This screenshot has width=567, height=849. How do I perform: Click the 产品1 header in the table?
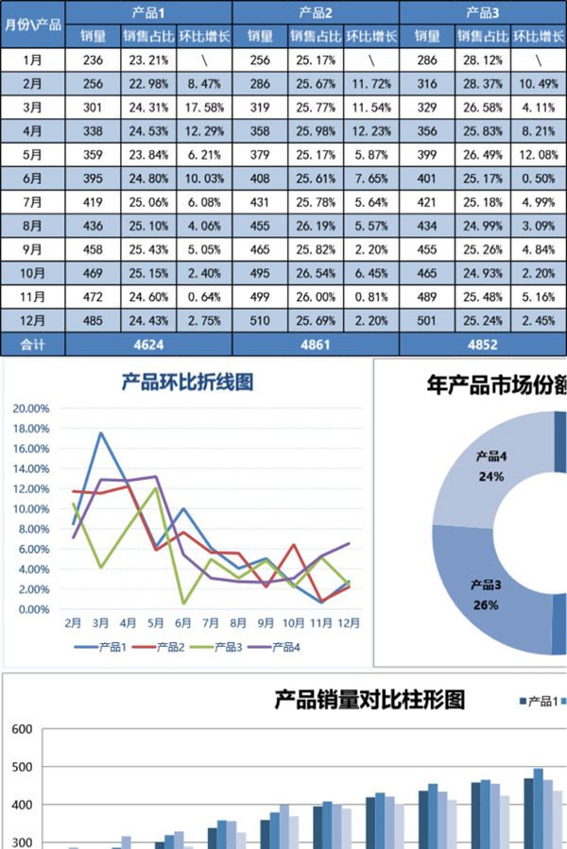pyautogui.click(x=148, y=13)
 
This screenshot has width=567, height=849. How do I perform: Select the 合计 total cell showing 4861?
pyautogui.click(x=315, y=345)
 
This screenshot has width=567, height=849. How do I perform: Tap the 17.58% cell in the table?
pyautogui.click(x=203, y=107)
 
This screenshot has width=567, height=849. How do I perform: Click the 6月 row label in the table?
pyautogui.click(x=32, y=178)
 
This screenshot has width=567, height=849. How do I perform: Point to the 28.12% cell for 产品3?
pyautogui.click(x=482, y=59)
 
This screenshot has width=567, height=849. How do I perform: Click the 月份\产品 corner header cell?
pyautogui.click(x=33, y=25)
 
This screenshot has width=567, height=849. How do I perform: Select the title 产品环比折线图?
pyautogui.click(x=187, y=382)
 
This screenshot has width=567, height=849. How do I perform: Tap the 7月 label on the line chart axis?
pyautogui.click(x=210, y=623)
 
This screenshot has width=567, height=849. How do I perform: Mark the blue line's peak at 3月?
pyautogui.click(x=100, y=433)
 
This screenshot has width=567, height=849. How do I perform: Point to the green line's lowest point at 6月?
pyautogui.click(x=183, y=603)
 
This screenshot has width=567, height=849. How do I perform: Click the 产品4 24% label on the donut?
pyautogui.click(x=491, y=467)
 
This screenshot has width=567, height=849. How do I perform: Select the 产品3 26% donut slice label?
pyautogui.click(x=486, y=595)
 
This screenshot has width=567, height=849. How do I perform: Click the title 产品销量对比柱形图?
pyautogui.click(x=370, y=700)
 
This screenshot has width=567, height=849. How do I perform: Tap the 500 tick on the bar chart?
pyautogui.click(x=22, y=767)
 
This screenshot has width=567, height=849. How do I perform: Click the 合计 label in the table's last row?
pyautogui.click(x=32, y=345)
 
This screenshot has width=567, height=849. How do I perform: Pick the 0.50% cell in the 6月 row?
pyautogui.click(x=538, y=178)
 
